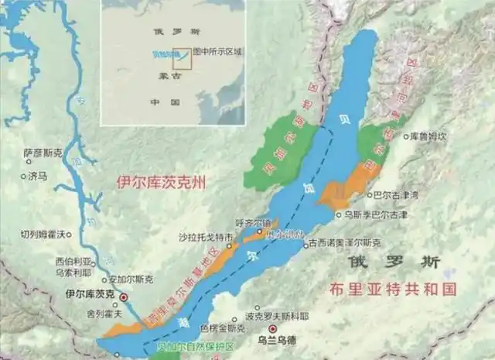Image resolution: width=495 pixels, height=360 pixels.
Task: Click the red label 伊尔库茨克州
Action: [162, 182]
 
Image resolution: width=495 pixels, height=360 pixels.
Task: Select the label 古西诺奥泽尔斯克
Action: [344, 244]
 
